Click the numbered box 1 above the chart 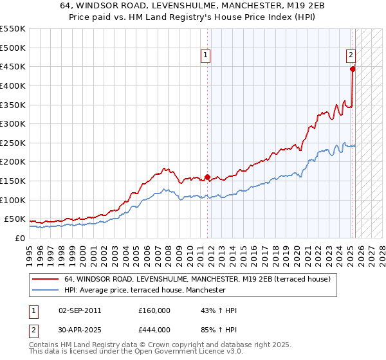click(x=205, y=56)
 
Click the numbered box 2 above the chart click(x=351, y=56)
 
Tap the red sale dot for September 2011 click(x=207, y=177)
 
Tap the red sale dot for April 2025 click(x=353, y=69)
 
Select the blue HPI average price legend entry click(x=145, y=290)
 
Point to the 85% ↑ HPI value click(x=219, y=328)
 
